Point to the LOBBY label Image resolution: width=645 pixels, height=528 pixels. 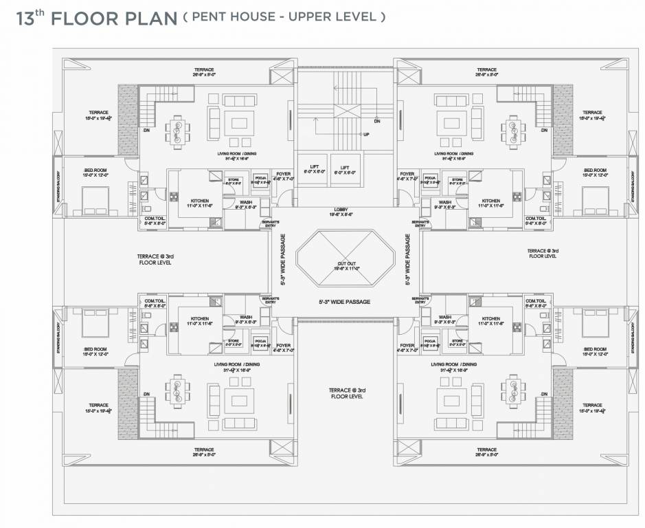point(344,211)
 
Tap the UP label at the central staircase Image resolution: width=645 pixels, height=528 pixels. point(366,134)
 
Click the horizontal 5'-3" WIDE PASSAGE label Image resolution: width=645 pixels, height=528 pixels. point(344,302)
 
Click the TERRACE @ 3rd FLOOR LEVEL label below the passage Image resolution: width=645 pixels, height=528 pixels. point(346,393)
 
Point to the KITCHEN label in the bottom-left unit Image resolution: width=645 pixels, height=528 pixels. point(200,319)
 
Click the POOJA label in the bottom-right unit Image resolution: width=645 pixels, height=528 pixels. point(431,340)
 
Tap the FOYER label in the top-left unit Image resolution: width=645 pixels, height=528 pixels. point(284,175)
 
